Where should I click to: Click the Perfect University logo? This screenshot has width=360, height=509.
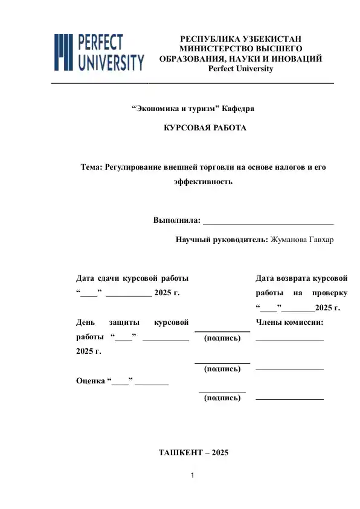point(100,52)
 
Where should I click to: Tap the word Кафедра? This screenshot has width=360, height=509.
point(238,109)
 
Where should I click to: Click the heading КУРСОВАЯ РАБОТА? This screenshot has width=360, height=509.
point(205,129)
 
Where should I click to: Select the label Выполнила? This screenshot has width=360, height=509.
point(176,220)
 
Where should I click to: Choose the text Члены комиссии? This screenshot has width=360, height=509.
point(290,322)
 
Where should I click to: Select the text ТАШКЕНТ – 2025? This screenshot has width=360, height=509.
point(193,452)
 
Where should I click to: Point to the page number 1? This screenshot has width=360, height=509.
point(191,477)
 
